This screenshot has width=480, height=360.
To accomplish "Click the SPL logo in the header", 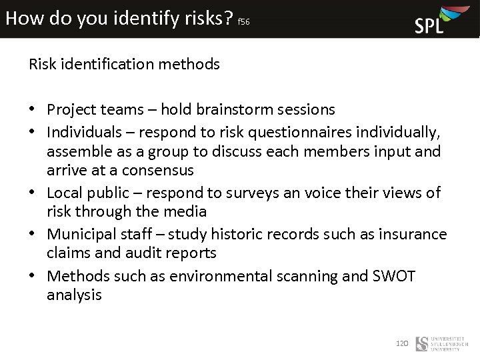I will click(437, 19).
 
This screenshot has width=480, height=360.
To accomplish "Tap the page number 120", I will click(401, 343).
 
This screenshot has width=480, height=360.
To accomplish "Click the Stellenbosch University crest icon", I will click(421, 344).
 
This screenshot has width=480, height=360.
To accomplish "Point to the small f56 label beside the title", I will click(243, 22).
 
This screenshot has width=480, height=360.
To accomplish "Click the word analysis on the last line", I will click(74, 295).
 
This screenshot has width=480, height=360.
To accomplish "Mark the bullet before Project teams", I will click(33, 109).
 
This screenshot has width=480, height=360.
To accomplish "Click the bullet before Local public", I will click(33, 193).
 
